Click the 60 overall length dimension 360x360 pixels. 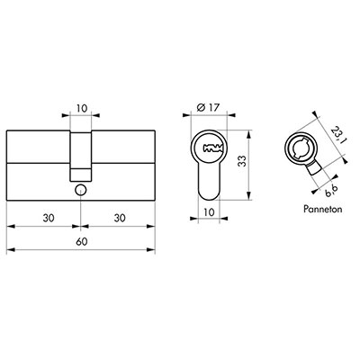click(81, 241)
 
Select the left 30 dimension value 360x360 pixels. click(49, 218)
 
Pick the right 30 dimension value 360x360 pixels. click(120, 218)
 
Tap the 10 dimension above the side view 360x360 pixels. click(81, 108)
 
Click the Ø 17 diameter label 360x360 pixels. click(209, 107)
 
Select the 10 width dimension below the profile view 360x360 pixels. click(209, 212)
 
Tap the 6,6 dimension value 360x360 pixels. click(331, 191)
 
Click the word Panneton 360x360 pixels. click(323, 209)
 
